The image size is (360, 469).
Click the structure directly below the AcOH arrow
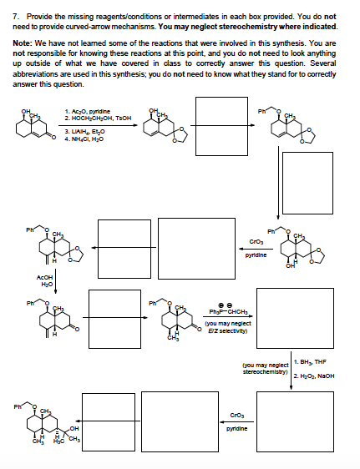tap(46, 321)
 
